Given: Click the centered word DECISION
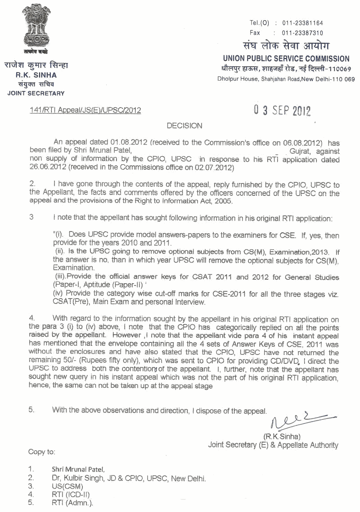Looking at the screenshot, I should [x=184, y=126].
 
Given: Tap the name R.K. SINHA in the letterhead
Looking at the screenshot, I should [x=36, y=75].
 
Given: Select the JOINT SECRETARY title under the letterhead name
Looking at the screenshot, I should [x=36, y=93].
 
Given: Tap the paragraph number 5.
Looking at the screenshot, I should [x=31, y=410].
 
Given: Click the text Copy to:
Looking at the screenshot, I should [x=42, y=452].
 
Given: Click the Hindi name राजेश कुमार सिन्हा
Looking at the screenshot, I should [x=36, y=65].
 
